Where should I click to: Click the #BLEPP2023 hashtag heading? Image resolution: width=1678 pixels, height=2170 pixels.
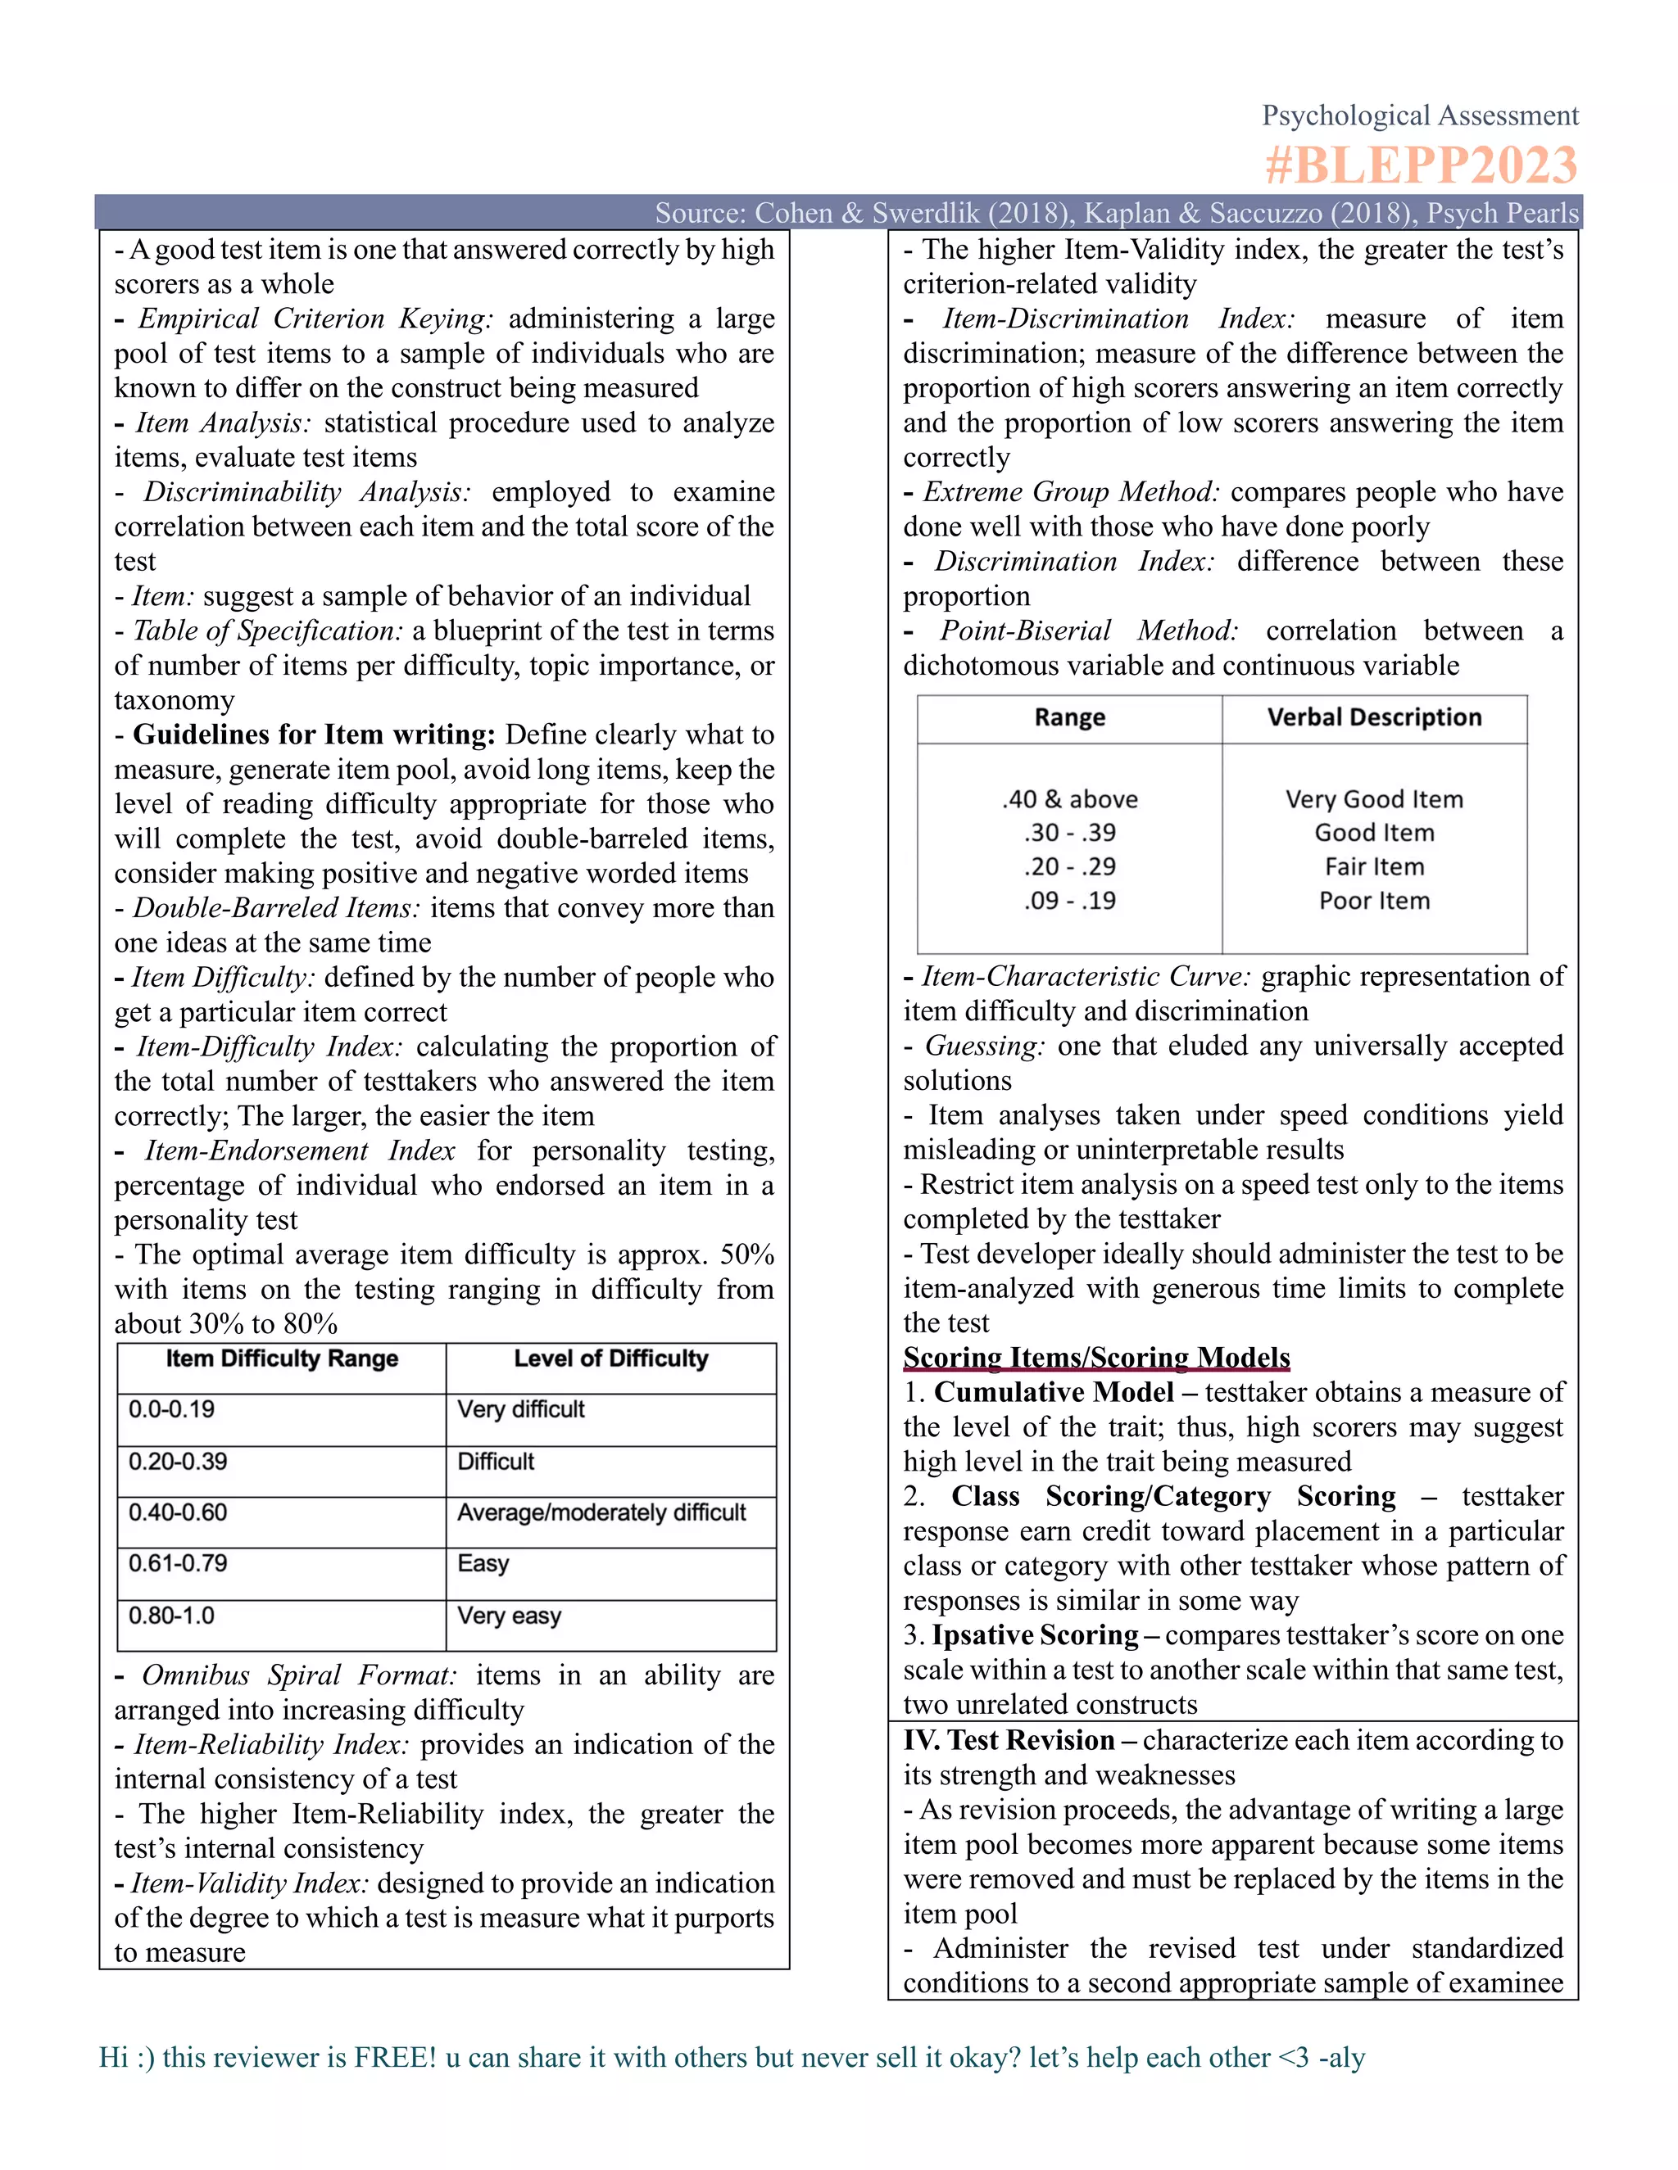point(1421,165)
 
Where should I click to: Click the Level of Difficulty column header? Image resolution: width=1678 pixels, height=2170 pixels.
point(610,1359)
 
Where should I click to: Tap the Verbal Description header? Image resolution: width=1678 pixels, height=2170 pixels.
point(1374,717)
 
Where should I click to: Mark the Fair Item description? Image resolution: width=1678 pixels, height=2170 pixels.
point(1374,866)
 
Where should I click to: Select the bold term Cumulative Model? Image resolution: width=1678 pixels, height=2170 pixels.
point(1054,1392)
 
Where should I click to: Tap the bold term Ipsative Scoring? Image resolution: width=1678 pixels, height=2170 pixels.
point(1034,1634)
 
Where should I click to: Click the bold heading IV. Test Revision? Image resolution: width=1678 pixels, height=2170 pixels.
point(1009,1740)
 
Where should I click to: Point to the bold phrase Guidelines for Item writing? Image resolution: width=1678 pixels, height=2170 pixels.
point(313,735)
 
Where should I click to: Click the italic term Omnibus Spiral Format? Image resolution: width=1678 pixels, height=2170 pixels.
point(298,1675)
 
